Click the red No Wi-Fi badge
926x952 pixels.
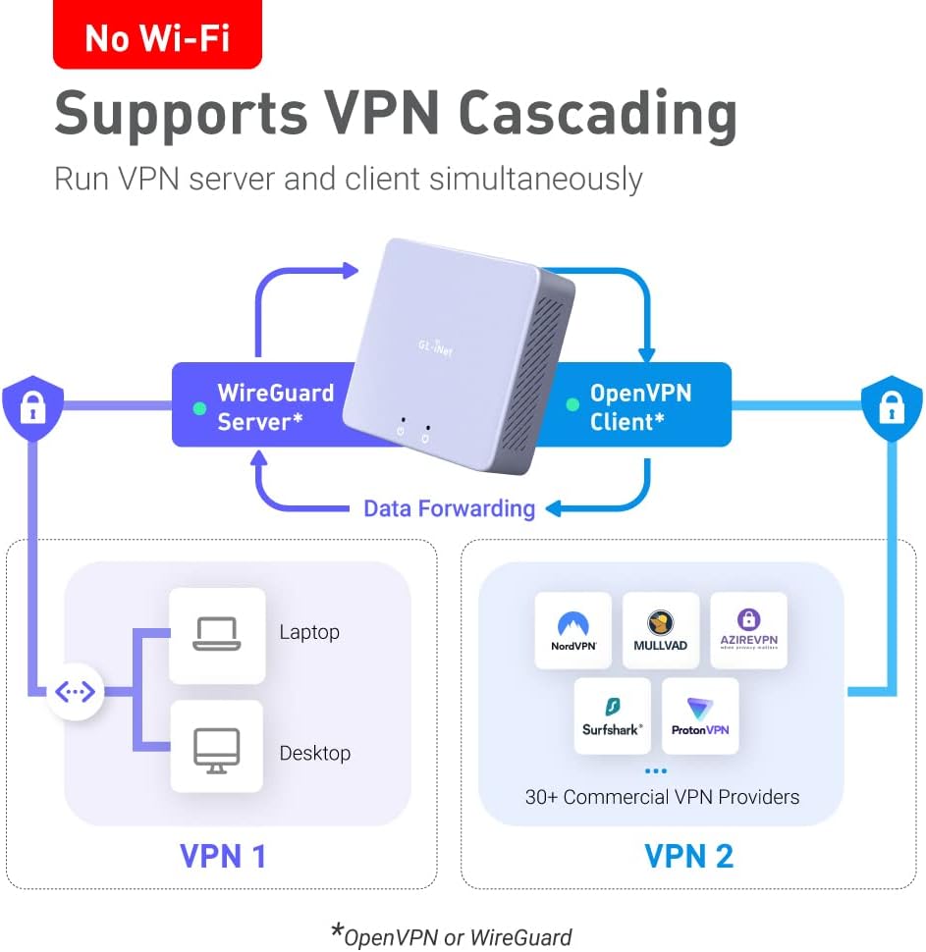(x=157, y=37)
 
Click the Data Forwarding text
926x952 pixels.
(x=449, y=508)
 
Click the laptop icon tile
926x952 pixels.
(x=217, y=635)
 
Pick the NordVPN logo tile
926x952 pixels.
(x=572, y=631)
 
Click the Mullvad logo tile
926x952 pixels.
(x=661, y=631)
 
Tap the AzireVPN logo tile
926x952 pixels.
(x=748, y=631)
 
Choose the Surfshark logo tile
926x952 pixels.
(x=612, y=715)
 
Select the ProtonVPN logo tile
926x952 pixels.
(x=700, y=715)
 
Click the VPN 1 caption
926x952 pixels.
(x=223, y=856)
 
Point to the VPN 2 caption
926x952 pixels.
(x=688, y=856)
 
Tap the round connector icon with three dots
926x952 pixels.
(x=76, y=692)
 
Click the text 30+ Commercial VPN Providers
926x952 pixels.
(x=662, y=797)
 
